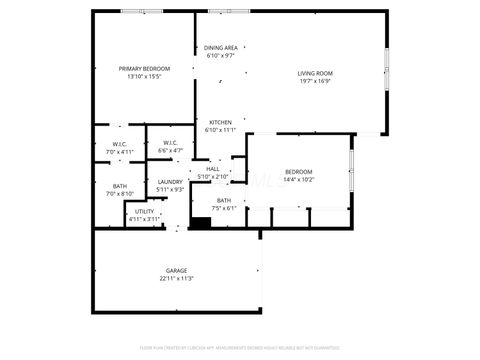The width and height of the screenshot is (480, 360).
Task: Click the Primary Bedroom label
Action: [144, 68]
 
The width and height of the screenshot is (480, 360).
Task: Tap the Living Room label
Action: [315, 73]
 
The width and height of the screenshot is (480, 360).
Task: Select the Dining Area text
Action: [220, 48]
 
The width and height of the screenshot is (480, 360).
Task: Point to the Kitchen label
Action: [220, 123]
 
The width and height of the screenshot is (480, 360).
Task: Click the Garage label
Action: [176, 271]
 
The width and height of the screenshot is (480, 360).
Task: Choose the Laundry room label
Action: [170, 182]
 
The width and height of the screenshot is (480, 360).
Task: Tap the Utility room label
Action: [144, 211]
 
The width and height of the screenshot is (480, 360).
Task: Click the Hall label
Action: [213, 169]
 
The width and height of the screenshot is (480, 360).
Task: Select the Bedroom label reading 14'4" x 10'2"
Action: [298, 172]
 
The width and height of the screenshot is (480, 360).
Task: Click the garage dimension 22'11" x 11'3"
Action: [176, 279]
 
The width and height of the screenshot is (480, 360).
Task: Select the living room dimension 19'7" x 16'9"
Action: [315, 81]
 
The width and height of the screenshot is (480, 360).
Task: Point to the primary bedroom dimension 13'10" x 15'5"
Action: [144, 76]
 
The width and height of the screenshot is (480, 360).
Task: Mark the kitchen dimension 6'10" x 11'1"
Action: [220, 130]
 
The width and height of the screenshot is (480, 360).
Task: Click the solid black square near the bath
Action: [200, 222]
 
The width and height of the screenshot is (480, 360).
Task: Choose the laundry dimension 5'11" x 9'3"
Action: [170, 189]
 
